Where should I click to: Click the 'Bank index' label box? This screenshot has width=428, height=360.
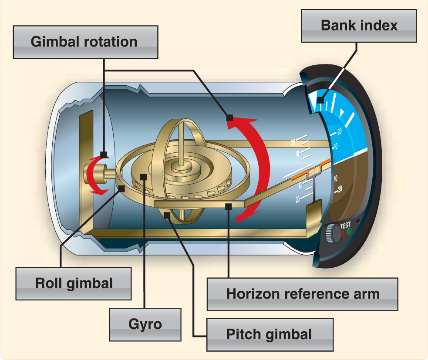tap(359, 26)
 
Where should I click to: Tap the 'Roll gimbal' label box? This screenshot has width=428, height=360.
tap(74, 283)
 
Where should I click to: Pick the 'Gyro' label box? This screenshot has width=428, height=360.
tap(145, 324)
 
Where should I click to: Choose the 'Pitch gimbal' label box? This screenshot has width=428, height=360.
tap(269, 334)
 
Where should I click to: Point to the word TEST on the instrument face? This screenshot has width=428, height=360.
tap(346, 225)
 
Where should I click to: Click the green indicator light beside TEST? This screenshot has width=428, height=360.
tap(349, 231)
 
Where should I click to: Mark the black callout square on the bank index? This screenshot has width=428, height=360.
tap(320, 100)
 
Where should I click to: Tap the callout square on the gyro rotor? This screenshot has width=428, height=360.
tap(144, 175)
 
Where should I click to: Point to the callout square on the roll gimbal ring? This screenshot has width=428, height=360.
tap(122, 188)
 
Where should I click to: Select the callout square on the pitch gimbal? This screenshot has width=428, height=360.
tap(167, 214)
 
